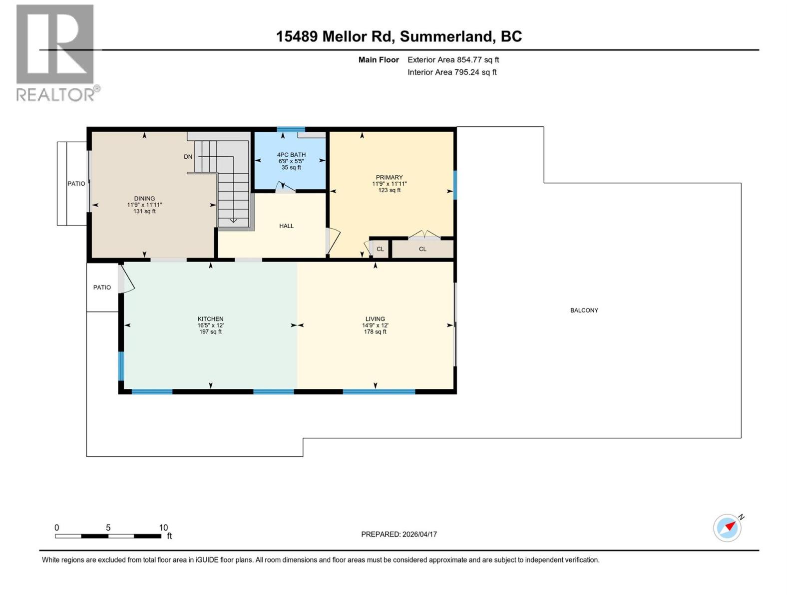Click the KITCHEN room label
point(210,319)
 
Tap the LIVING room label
point(375,319)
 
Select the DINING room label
point(144,199)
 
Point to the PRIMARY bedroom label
point(389,177)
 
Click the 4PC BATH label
point(292,155)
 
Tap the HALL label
point(286,226)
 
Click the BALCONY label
point(584,310)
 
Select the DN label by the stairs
point(188,157)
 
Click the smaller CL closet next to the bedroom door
point(381,249)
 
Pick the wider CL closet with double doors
point(422,249)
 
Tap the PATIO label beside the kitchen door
point(102,288)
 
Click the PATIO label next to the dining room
point(76,184)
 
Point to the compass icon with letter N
point(728,528)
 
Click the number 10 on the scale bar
point(163,528)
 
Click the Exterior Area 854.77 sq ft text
point(453,60)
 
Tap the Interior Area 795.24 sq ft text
point(451,72)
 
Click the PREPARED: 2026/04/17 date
point(399,534)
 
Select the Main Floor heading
point(379,60)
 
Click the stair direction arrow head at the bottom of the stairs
point(233,220)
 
